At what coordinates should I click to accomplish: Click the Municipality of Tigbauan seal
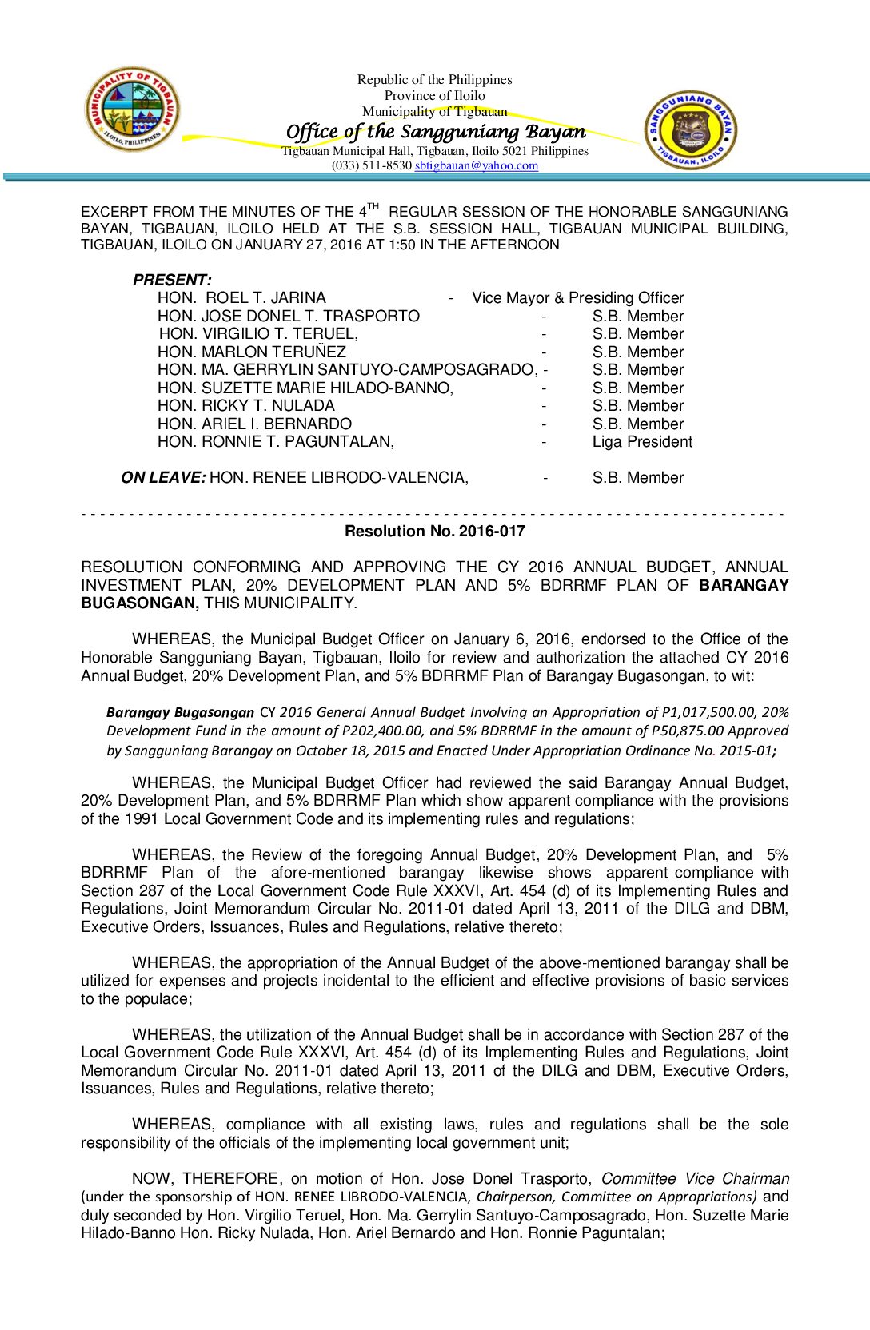[x=133, y=109]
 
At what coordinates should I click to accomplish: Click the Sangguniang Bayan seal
[x=691, y=129]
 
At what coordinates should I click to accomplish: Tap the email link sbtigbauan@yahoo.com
[x=477, y=165]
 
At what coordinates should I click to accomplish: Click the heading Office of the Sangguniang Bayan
[x=435, y=131]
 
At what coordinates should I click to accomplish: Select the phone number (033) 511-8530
[x=371, y=165]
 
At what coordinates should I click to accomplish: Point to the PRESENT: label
[x=172, y=280]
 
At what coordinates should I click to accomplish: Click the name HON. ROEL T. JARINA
[x=241, y=297]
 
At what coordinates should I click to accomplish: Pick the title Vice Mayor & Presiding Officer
[x=577, y=297]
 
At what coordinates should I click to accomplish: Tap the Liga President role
[x=642, y=442]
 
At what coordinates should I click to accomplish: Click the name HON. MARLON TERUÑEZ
[x=252, y=352]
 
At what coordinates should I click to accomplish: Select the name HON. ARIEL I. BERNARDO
[x=254, y=424]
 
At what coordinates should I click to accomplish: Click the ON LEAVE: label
[x=163, y=477]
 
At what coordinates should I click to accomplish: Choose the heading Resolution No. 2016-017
[x=434, y=531]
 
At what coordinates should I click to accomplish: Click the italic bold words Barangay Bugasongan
[x=180, y=712]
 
